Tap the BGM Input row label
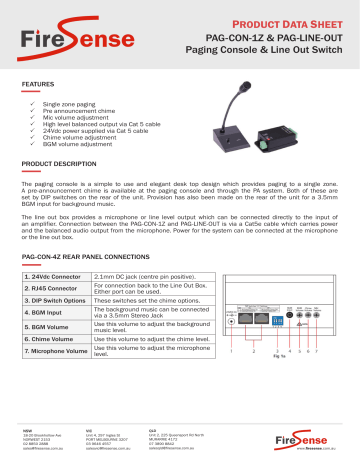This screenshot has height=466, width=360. pyautogui.click(x=46, y=319)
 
